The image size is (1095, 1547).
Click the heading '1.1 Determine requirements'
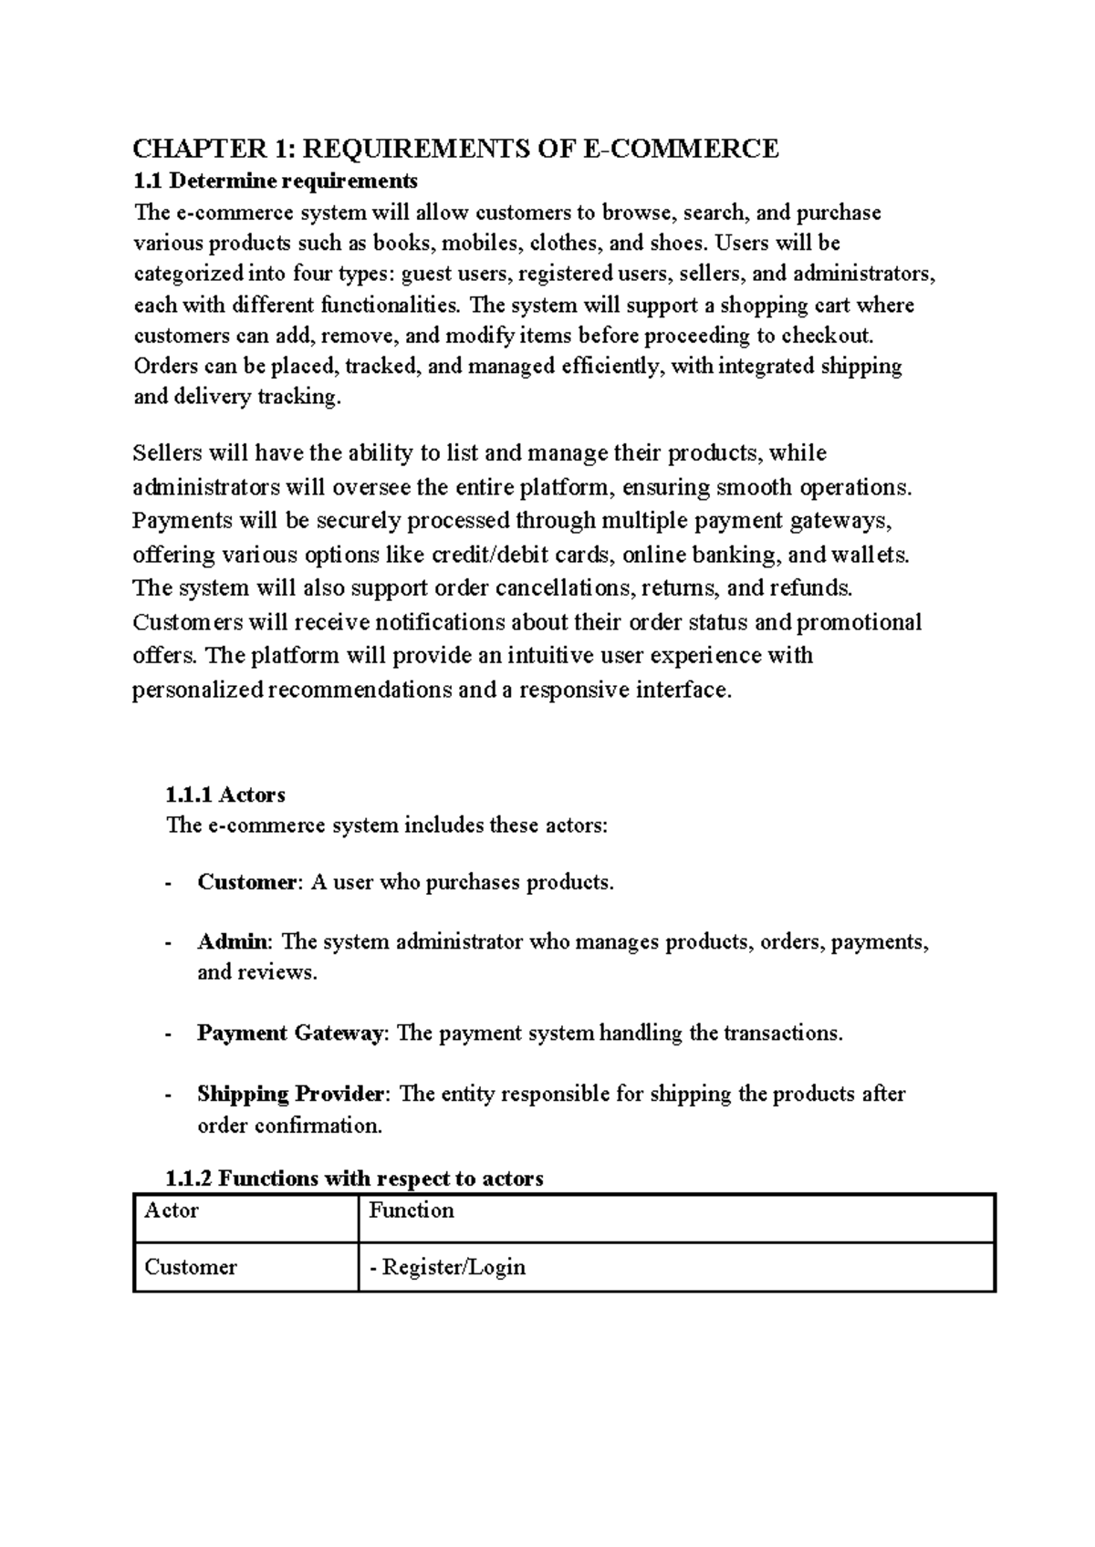click(x=276, y=180)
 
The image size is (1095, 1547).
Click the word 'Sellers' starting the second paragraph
click(x=168, y=453)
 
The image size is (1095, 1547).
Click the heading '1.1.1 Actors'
click(x=225, y=795)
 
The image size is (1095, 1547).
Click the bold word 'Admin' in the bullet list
click(x=233, y=942)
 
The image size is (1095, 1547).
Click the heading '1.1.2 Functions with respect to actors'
click(x=354, y=1178)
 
